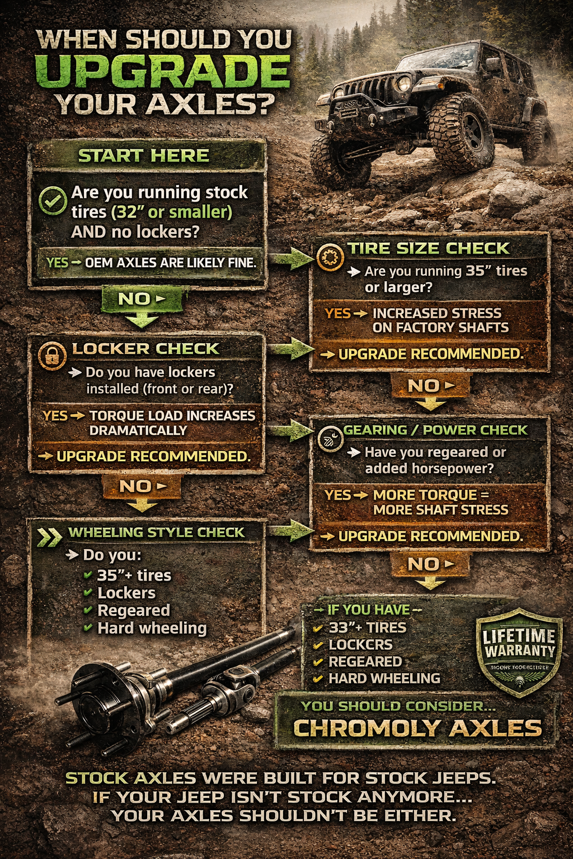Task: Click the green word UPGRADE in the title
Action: click(x=163, y=73)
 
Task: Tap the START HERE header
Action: click(x=144, y=155)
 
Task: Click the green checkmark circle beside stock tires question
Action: click(x=53, y=201)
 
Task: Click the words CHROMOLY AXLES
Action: click(x=417, y=728)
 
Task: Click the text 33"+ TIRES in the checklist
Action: click(x=367, y=627)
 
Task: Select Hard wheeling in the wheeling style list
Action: click(x=152, y=629)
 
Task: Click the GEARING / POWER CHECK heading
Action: click(x=435, y=430)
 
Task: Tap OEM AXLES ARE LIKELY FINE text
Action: click(x=170, y=262)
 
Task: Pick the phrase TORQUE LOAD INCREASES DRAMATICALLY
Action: click(x=172, y=423)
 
